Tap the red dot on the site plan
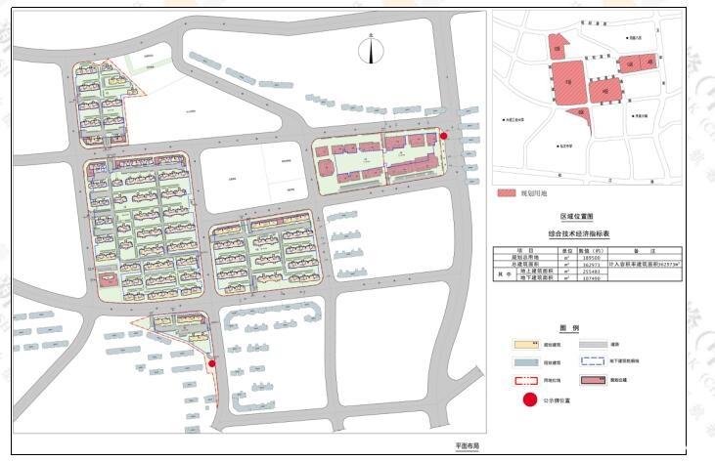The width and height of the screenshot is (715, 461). pos(444,137)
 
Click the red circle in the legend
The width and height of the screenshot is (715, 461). pos(530,399)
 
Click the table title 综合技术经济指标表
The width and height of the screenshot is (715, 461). pos(578,234)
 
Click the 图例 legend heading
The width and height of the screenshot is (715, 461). pos(569,328)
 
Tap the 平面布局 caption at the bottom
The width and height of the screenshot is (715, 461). pos(468,445)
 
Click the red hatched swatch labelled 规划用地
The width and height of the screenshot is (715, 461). pos(507,193)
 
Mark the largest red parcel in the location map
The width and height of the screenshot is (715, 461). pos(569,82)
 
